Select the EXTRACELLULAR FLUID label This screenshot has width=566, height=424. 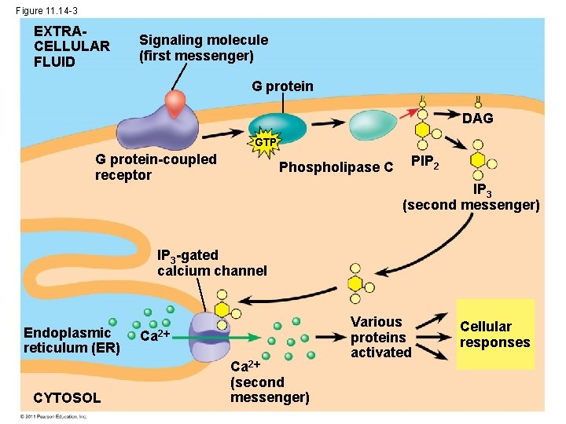[72, 46]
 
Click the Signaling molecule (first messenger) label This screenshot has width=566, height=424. [203, 47]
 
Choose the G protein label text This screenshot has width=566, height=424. [282, 86]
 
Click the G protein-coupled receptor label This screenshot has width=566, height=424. [155, 166]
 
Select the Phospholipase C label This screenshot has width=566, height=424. [336, 167]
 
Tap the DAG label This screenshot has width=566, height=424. [478, 118]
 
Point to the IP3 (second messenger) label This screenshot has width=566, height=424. [471, 198]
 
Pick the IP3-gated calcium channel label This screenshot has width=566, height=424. [211, 263]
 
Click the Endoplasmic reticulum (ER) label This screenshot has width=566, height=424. [71, 341]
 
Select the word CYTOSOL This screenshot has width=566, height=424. [67, 398]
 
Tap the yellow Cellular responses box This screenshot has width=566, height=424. [494, 334]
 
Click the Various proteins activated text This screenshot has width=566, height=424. [380, 337]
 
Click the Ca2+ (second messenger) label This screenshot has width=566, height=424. [269, 382]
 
